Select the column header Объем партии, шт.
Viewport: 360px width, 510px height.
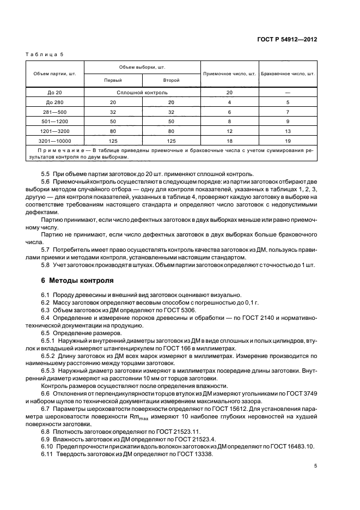[x=54, y=73]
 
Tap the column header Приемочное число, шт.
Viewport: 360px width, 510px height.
[x=229, y=73]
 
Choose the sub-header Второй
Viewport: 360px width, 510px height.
[x=170, y=80]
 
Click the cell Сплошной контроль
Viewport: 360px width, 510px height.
[x=142, y=92]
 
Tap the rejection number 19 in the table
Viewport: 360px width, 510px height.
[x=288, y=141]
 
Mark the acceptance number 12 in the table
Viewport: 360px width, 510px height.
[x=229, y=131]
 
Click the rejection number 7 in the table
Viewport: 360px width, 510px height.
[x=288, y=112]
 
